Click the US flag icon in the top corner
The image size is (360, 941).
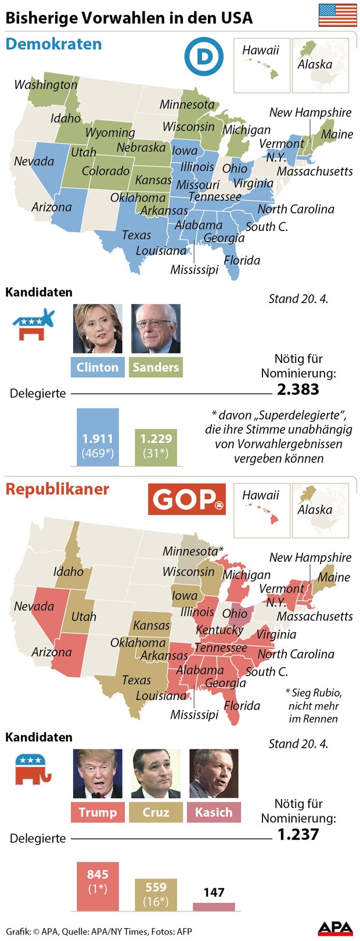click(337, 15)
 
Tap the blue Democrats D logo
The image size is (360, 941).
click(203, 56)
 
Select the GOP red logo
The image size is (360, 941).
click(186, 499)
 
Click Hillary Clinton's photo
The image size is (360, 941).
click(98, 329)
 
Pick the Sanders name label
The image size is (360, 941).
click(156, 367)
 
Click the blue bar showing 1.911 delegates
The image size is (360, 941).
click(98, 437)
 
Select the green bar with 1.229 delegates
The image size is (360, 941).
click(156, 447)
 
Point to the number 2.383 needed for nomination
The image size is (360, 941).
click(298, 390)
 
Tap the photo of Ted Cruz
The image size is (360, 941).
click(156, 773)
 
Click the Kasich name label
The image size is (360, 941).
click(213, 812)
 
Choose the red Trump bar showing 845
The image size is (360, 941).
click(98, 886)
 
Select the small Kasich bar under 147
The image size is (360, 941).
click(214, 907)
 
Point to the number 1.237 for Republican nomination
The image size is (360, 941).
click(298, 835)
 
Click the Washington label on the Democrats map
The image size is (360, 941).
click(45, 85)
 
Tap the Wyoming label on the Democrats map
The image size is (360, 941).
click(110, 132)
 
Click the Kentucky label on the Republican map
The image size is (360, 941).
click(219, 630)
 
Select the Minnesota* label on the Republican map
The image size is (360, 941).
click(193, 551)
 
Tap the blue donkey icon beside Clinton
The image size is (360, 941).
click(34, 325)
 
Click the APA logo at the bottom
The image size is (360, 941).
click(335, 928)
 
